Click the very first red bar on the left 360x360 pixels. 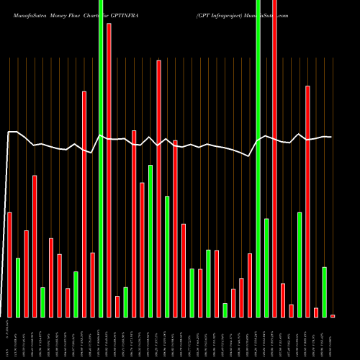point(10,264)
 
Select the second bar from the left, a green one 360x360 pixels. point(18,287)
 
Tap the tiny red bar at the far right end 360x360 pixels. point(333,315)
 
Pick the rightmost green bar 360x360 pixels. point(325,292)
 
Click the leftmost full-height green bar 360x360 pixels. point(101,158)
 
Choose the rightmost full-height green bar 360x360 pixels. point(258,158)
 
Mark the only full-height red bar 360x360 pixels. point(274,158)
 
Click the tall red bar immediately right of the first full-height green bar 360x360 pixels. point(109,170)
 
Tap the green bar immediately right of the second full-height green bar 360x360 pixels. point(266,267)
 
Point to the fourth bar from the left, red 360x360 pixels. point(35,246)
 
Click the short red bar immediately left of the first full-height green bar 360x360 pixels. point(93,284)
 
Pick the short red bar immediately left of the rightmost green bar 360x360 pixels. point(316,312)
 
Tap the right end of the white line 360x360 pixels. point(331,137)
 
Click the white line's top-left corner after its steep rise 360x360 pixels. point(9,132)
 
